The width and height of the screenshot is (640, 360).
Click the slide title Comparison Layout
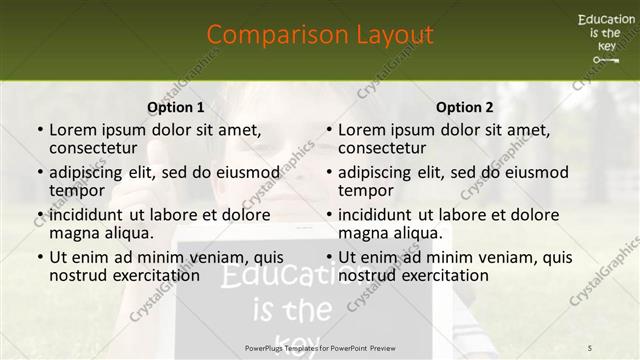pyautogui.click(x=320, y=35)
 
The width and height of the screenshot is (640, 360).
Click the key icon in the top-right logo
pyautogui.click(x=606, y=61)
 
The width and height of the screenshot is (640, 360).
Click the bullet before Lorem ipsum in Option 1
pyautogui.click(x=39, y=131)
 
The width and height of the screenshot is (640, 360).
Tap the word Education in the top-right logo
pyautogui.click(x=606, y=20)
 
